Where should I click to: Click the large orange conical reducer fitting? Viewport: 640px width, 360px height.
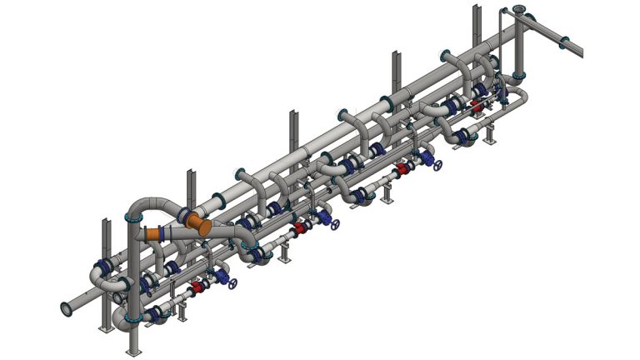point(197,223)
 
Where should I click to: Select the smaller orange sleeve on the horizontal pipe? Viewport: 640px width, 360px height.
point(154,236)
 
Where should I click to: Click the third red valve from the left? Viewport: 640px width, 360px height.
point(402,168)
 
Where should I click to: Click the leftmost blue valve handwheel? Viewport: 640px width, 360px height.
point(232,284)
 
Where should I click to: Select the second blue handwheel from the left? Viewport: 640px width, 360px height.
point(335,225)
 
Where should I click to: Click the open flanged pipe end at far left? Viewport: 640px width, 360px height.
point(63,309)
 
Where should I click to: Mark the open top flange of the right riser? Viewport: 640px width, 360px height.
point(519,10)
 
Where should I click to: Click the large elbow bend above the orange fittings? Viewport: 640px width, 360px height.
point(148,203)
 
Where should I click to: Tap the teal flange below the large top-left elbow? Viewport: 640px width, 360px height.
point(129,218)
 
